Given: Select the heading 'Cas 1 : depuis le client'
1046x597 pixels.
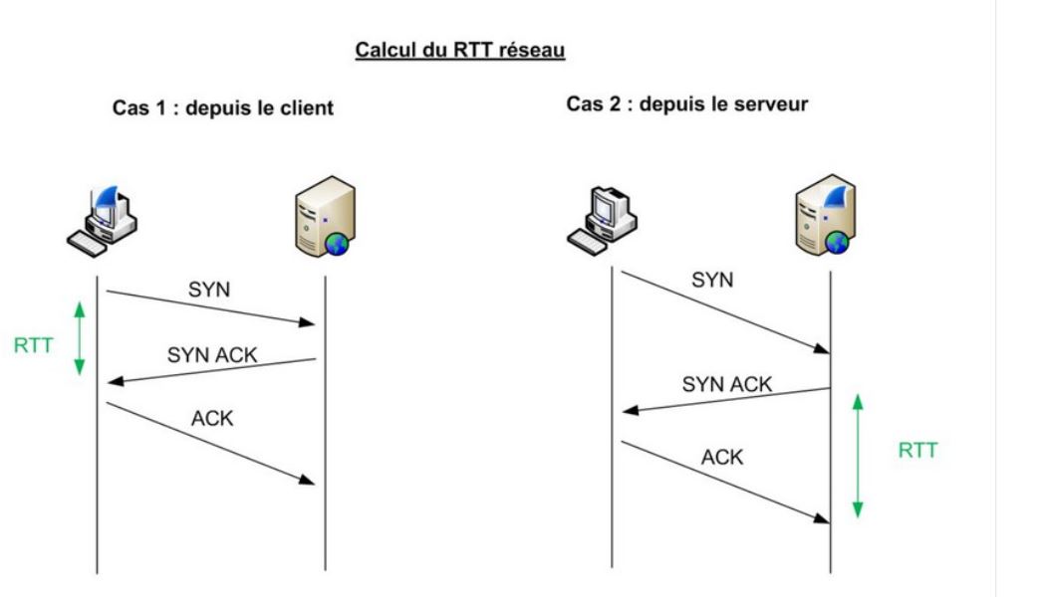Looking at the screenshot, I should point(222,108).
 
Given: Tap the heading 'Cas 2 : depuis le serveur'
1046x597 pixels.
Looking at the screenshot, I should point(687,103).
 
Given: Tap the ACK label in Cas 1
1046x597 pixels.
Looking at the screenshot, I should point(212,418).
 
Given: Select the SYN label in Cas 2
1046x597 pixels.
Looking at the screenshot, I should point(712,281).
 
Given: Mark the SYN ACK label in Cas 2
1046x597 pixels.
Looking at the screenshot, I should point(727,384).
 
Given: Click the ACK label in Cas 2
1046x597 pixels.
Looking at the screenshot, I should point(722,458).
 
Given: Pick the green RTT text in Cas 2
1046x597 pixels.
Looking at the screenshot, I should point(917,450).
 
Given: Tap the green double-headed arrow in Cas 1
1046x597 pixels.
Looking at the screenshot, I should point(81,338).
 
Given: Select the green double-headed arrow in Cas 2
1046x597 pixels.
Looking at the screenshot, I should point(858,457).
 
